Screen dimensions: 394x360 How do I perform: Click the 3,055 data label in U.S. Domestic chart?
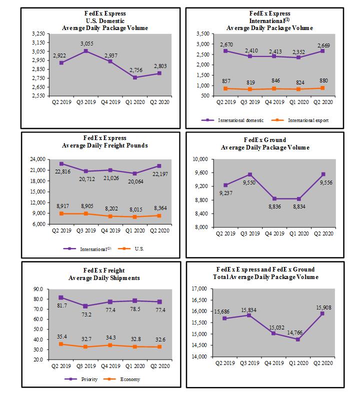point(87,43)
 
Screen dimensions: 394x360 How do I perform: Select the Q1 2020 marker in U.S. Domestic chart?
point(135,77)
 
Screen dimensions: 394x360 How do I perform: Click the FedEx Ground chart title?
point(265,143)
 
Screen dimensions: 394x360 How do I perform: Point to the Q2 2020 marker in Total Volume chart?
point(323,313)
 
